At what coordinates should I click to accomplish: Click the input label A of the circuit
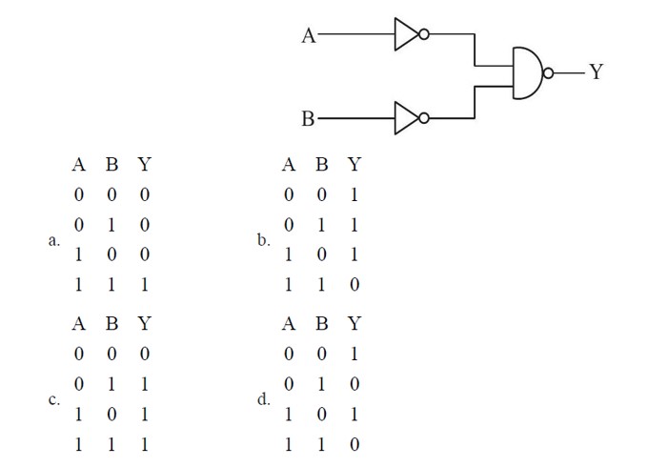coord(309,36)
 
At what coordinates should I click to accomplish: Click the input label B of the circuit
coord(308,119)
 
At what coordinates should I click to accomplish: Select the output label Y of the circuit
coord(596,72)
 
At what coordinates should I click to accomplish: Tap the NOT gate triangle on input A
coord(406,35)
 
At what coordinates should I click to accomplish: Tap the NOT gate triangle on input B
coord(406,118)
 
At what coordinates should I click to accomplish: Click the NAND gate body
coord(526,73)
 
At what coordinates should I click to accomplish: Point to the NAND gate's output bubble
coord(548,73)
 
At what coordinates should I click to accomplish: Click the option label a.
coord(54,240)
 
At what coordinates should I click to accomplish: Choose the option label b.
coord(263,240)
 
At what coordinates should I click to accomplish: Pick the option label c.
coord(54,399)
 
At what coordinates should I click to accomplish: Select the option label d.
coord(264,399)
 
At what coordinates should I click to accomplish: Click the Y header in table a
coord(144,165)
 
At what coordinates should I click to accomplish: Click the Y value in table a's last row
coord(144,284)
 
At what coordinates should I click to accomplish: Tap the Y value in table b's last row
coord(354,284)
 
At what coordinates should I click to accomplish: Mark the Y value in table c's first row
coord(144,354)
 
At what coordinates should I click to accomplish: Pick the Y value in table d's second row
coord(354,384)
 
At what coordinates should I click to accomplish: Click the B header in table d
coord(322,324)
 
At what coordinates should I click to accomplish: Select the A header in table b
coord(289,165)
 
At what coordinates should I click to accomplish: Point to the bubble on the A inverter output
coord(424,35)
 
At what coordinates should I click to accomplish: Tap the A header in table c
coord(79,324)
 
